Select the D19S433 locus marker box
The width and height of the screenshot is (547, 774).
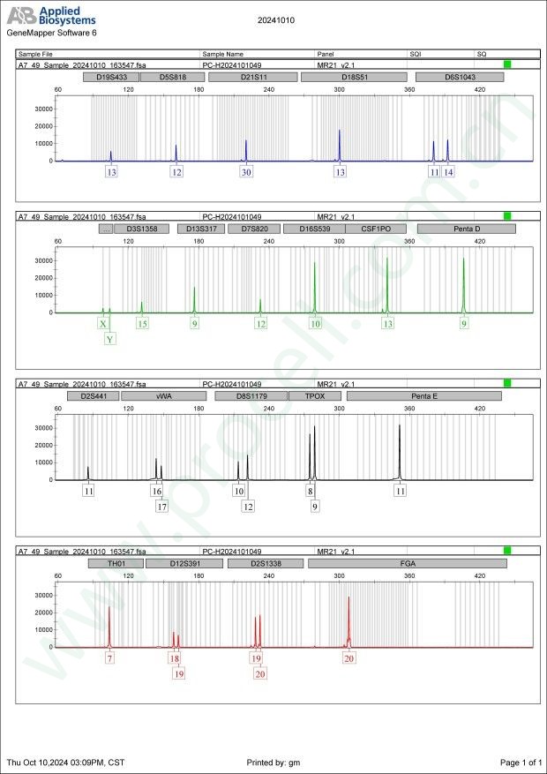pos(110,77)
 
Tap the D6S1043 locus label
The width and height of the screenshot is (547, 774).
pos(459,77)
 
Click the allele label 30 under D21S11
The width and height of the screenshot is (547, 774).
pos(246,172)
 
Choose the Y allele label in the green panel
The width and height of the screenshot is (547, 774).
pos(109,339)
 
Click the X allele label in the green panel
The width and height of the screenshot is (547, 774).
pos(103,324)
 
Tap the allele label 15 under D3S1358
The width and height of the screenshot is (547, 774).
pos(142,324)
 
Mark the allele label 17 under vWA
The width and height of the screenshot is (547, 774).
pos(161,507)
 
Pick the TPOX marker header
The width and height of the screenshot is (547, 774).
pos(314,396)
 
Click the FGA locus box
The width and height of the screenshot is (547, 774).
pos(408,563)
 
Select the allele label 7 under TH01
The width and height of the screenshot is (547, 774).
pos(109,658)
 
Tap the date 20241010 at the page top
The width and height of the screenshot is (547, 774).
pos(275,19)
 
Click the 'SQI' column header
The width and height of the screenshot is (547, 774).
pos(416,54)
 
